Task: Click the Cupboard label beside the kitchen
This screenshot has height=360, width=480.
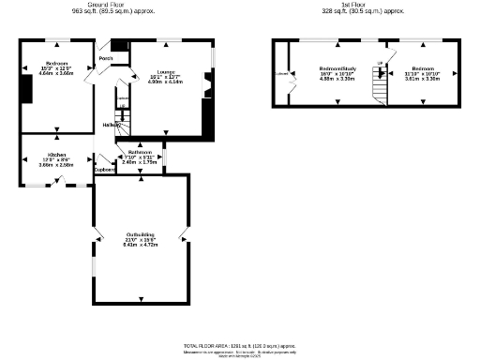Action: pos(103,170)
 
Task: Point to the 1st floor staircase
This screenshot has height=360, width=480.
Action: pos(379,87)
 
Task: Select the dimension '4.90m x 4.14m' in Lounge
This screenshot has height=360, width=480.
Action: pos(169,82)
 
